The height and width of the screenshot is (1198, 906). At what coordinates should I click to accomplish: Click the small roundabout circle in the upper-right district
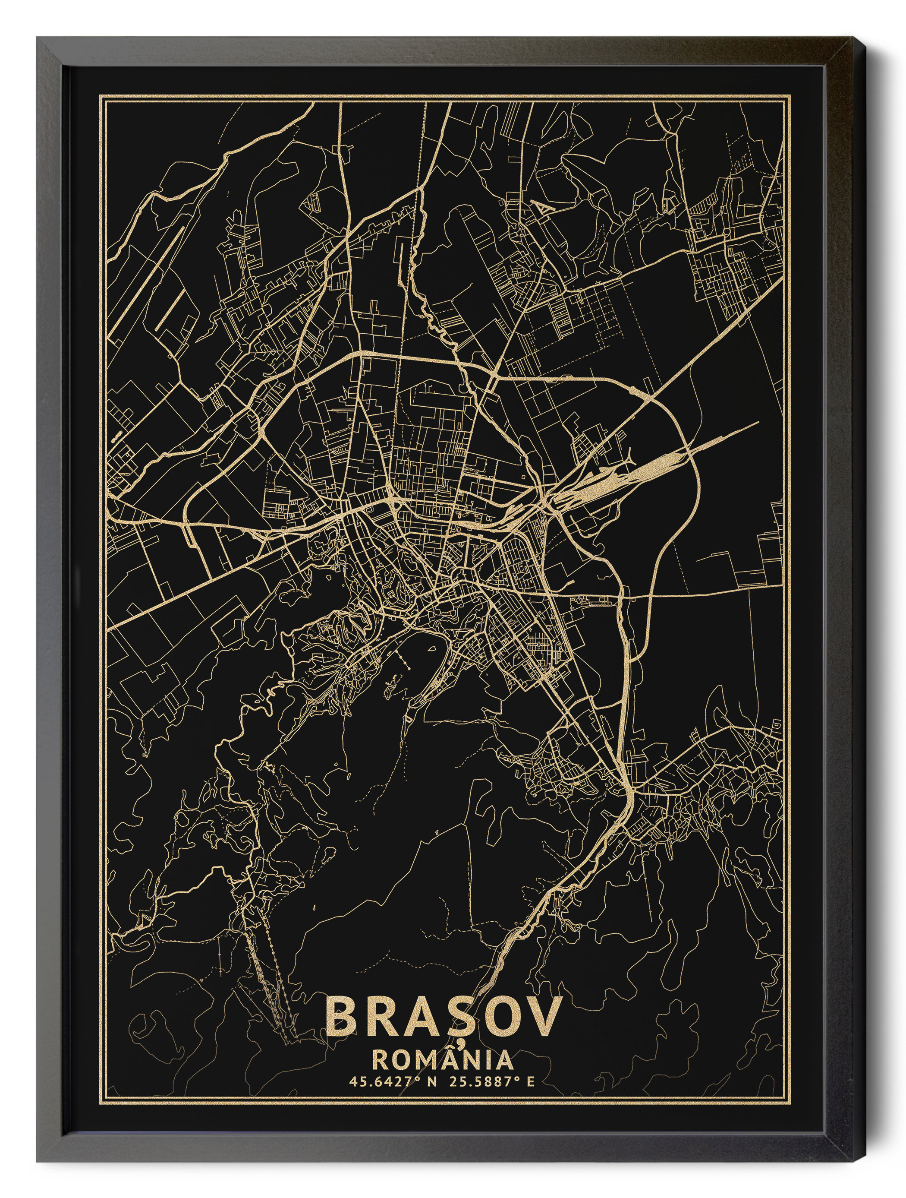(x=727, y=233)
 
